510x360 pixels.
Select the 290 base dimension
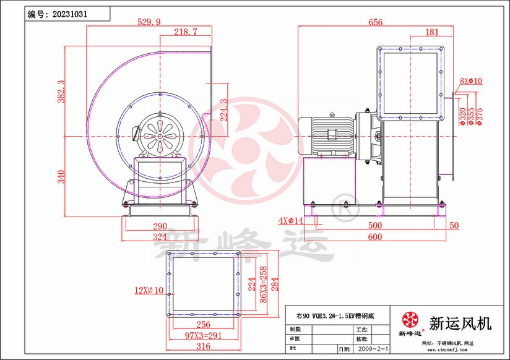160,226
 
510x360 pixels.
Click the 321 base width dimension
160,237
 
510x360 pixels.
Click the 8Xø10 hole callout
471,81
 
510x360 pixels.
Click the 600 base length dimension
374,237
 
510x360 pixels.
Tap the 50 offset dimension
454,226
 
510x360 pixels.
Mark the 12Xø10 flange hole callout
149,289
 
